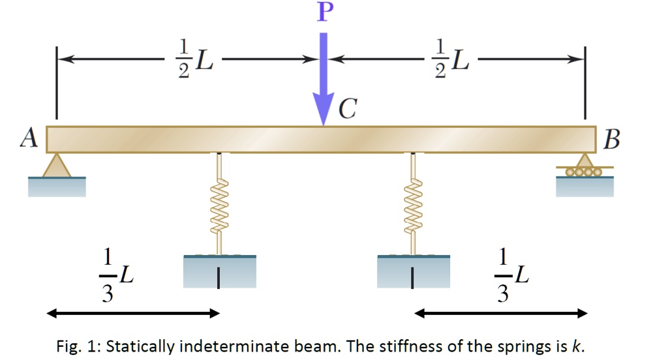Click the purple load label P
322,12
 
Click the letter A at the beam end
28,138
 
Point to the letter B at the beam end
613,139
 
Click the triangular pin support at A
57,165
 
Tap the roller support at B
585,167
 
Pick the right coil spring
412,203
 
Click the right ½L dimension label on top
452,59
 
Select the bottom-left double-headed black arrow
134,314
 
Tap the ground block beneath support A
57,187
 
